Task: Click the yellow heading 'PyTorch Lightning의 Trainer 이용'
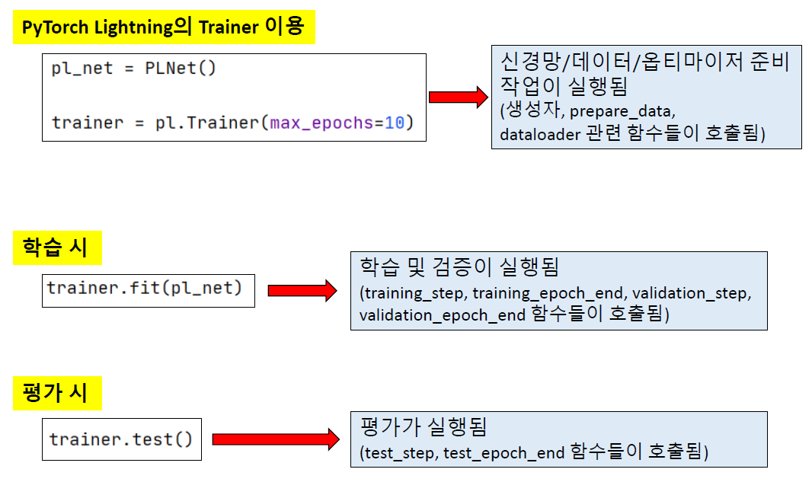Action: click(163, 27)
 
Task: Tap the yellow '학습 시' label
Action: click(57, 247)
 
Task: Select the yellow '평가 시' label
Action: click(57, 393)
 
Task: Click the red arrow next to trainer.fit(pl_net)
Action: click(302, 290)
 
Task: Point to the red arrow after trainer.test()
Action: click(275, 439)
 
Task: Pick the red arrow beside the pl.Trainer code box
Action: click(459, 97)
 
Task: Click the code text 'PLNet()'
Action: click(181, 69)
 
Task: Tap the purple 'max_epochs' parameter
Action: click(321, 123)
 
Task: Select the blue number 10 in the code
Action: click(394, 123)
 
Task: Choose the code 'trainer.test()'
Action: click(121, 439)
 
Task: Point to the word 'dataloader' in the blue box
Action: click(540, 134)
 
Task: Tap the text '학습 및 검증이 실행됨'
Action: click(459, 267)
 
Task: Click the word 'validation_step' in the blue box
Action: click(692, 293)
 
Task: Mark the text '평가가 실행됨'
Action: click(423, 426)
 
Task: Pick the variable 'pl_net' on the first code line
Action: click(82, 69)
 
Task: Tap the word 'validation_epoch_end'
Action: click(442, 314)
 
